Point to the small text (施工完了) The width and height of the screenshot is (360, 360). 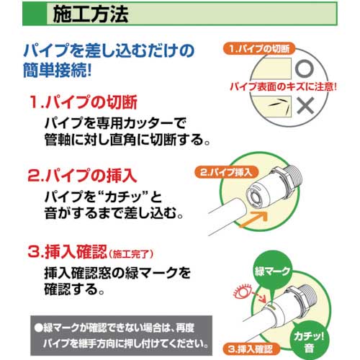point(132,253)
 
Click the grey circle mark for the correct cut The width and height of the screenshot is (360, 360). point(305,70)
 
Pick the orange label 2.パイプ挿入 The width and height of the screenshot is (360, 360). point(225,174)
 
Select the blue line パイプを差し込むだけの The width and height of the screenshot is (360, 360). point(109,52)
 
